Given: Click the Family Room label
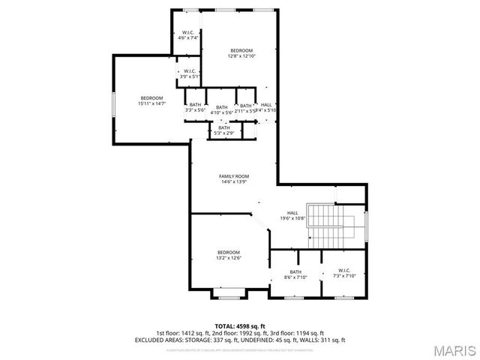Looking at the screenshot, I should coord(233,178).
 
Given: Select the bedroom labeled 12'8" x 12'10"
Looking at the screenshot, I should coord(241,53).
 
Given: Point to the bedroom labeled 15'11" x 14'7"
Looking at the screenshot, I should coord(151,101).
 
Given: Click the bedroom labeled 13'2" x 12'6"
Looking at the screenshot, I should coord(228,255).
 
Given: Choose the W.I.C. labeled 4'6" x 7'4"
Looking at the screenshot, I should coord(188,35).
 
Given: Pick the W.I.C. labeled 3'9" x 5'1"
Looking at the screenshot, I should coord(189,73).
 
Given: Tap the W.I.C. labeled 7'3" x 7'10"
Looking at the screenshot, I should coord(344,273).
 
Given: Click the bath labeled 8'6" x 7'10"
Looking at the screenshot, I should coord(295,274).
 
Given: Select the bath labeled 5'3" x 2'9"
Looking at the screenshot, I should coord(223,130).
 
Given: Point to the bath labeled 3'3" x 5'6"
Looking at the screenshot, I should coord(195,107).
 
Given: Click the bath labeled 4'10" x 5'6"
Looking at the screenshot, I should coord(221,109).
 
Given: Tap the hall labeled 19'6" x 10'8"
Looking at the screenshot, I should coord(292,215).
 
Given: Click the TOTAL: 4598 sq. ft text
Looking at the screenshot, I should coord(239,326).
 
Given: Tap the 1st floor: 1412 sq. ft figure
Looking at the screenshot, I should coord(183,333).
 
